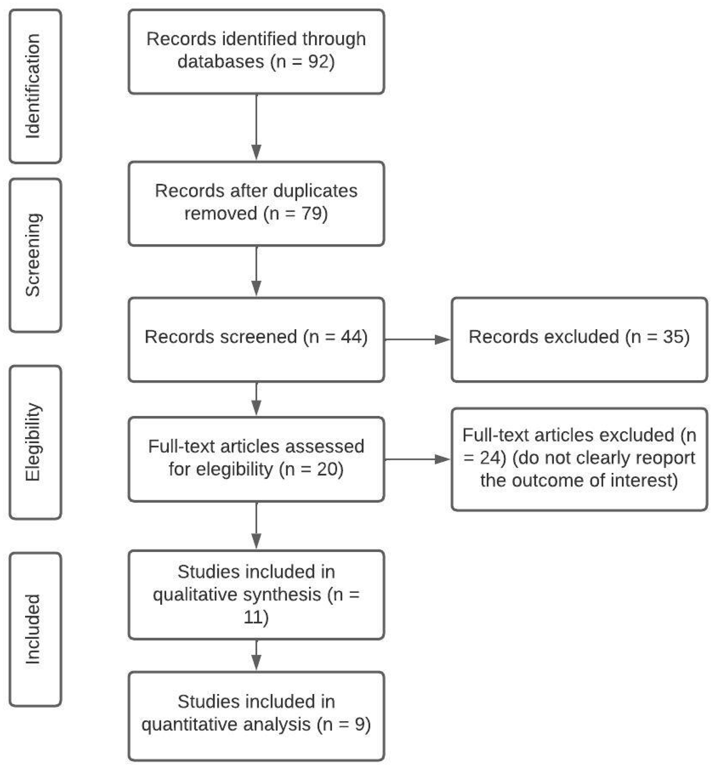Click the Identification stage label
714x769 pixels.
[33, 86]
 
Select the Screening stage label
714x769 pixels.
[33, 255]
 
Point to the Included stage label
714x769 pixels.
[33, 629]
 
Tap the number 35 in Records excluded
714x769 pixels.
[673, 337]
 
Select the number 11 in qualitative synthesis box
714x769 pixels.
[253, 617]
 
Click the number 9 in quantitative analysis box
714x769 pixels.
[360, 724]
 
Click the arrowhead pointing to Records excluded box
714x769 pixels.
[442, 340]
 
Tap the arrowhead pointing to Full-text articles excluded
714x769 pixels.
[442, 459]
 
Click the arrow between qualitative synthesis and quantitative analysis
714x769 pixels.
[256, 654]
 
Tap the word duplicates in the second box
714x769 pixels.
[315, 191]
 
